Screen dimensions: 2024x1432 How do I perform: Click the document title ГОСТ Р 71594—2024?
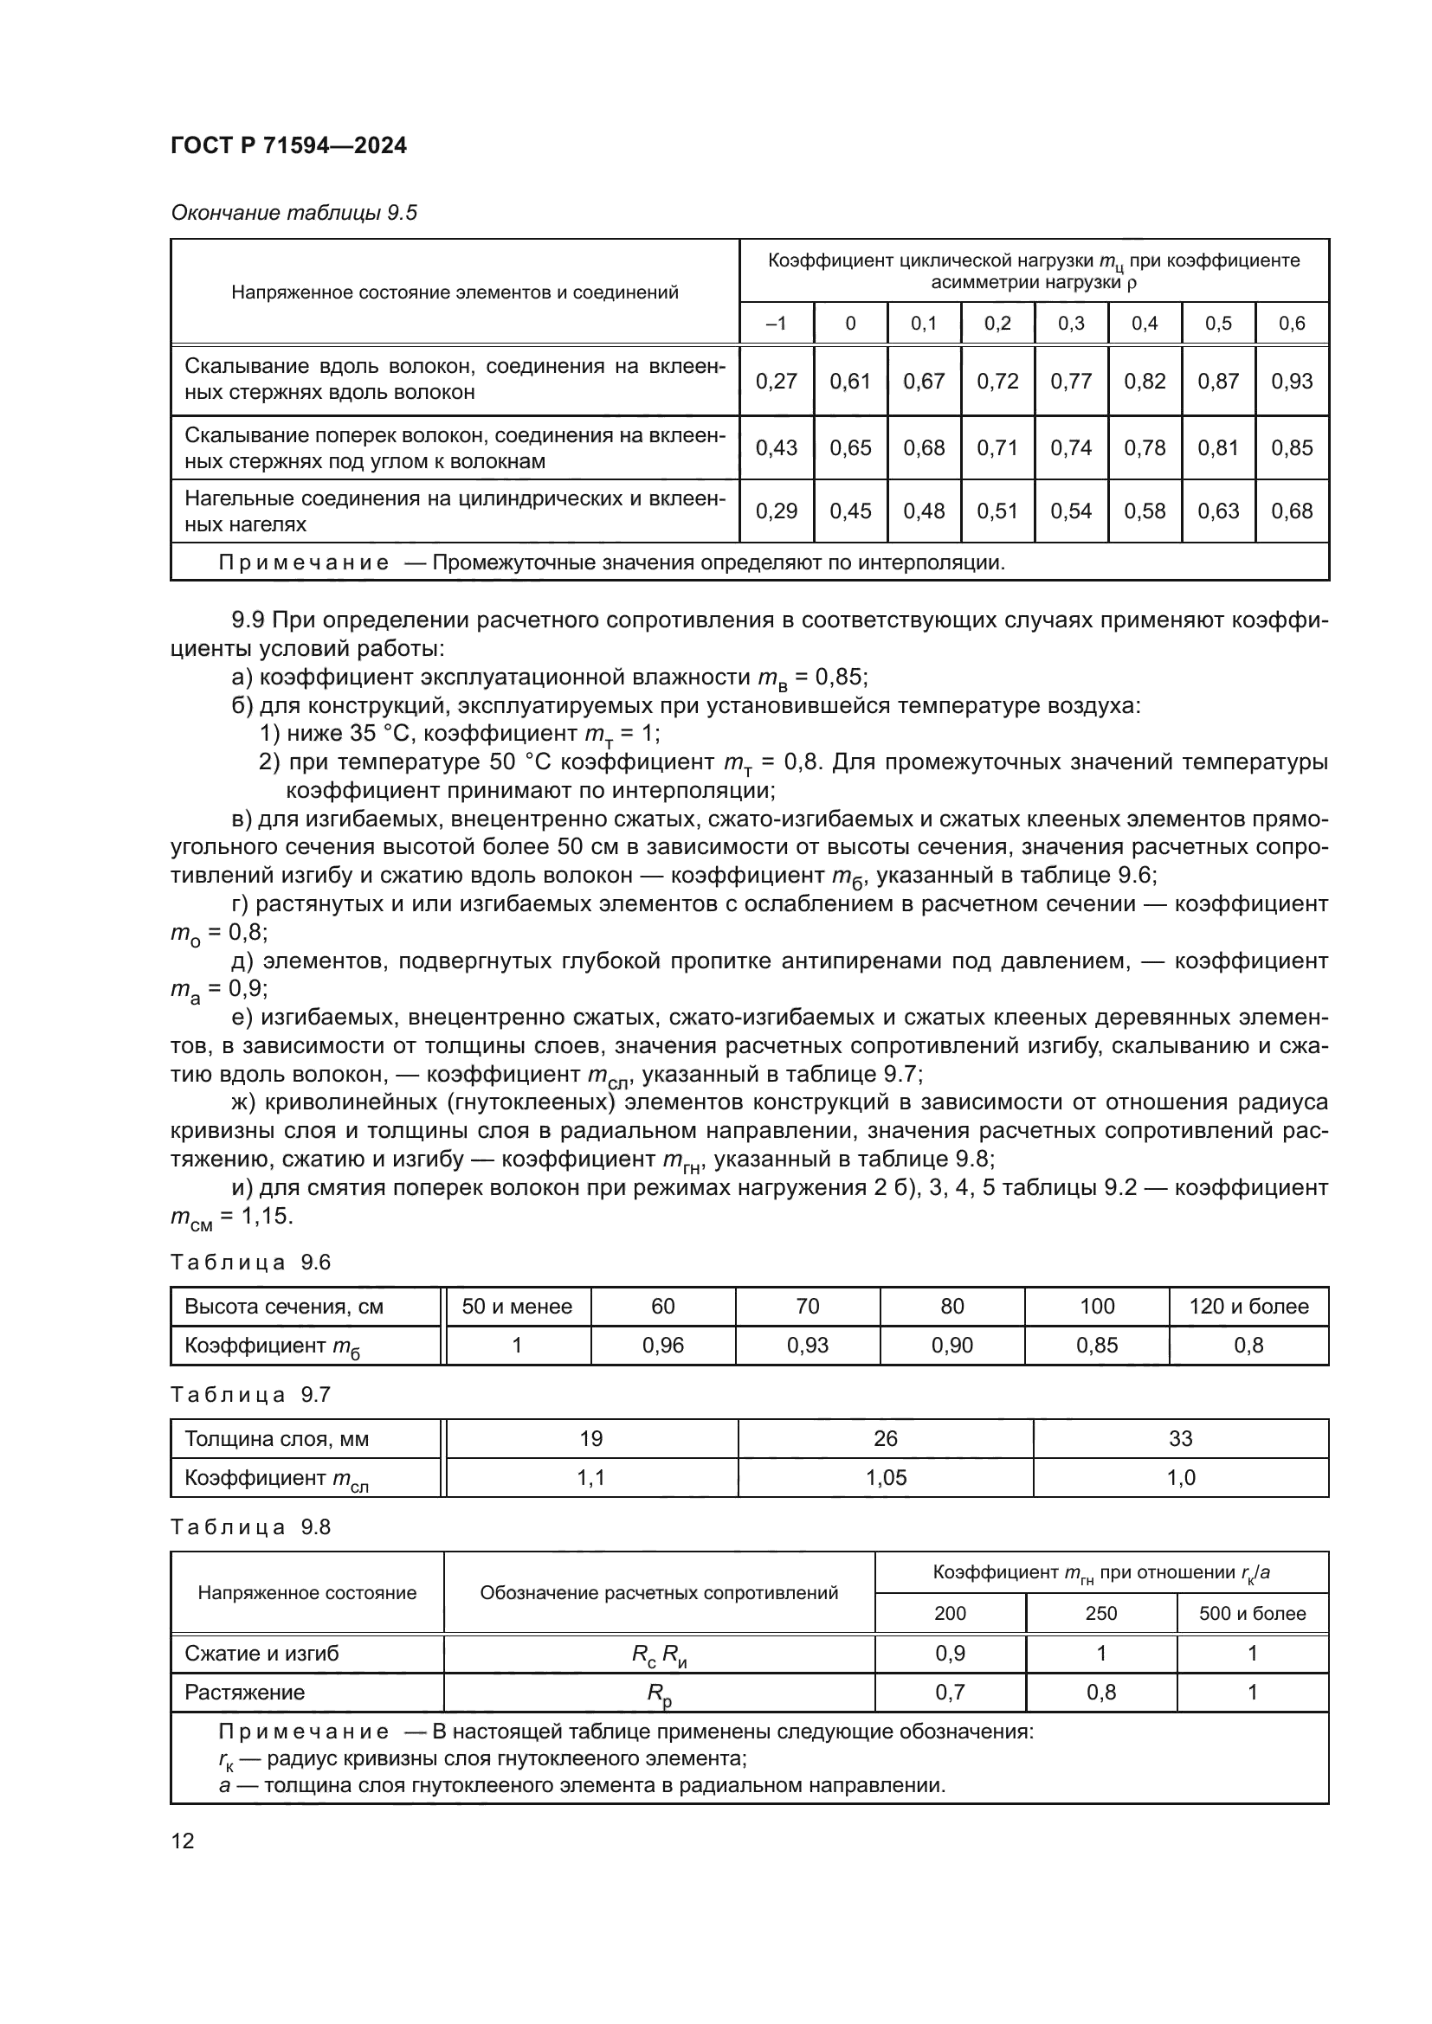288,146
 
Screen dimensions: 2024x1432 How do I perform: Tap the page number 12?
183,1841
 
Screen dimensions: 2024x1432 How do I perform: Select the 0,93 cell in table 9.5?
1291,382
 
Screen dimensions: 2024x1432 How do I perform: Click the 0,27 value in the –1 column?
776,382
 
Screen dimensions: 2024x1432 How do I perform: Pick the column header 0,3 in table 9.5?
1070,324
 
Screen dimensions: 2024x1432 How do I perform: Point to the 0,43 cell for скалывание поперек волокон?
776,448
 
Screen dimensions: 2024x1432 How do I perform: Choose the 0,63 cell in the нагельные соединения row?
1218,511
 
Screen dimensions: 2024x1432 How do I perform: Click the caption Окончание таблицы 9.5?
293,214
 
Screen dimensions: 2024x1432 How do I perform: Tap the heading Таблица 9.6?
250,1263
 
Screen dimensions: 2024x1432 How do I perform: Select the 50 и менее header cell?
517,1307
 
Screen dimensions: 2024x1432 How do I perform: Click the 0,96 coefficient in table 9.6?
663,1346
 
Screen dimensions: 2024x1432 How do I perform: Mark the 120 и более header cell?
1248,1307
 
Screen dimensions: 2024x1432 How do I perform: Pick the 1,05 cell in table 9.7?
886,1477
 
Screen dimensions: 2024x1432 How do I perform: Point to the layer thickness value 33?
1180,1439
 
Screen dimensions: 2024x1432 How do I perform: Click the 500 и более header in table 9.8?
1251,1614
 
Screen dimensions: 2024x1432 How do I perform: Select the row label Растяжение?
244,1693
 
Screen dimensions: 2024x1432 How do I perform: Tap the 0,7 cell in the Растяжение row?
950,1693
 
